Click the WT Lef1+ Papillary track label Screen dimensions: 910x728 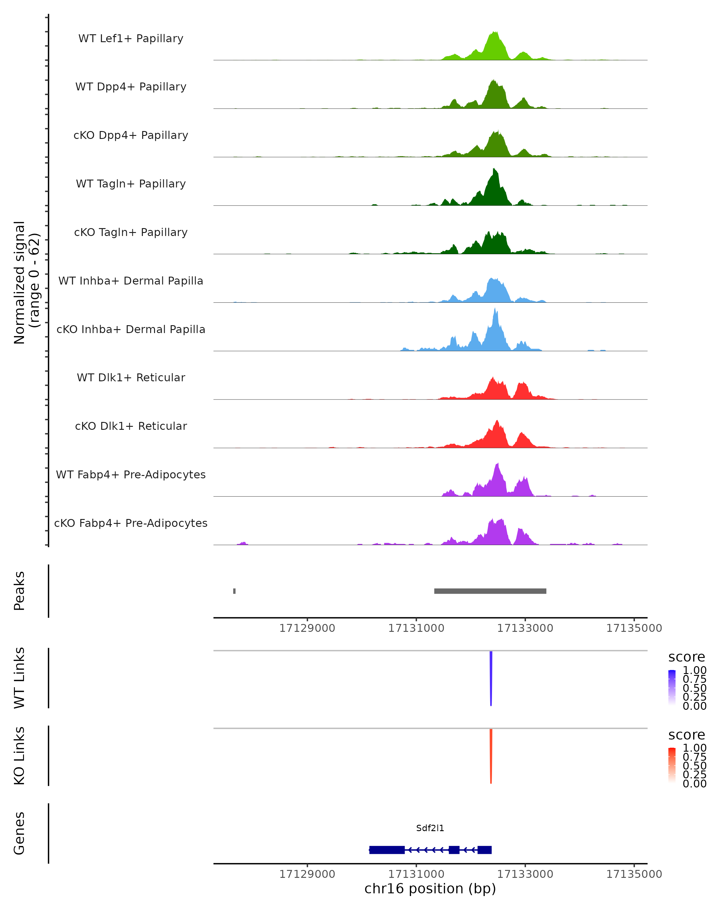coord(131,39)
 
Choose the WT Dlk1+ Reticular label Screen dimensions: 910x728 coord(131,377)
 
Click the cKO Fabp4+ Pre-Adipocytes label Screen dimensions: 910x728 coord(131,523)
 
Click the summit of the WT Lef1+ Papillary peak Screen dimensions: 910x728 coord(495,32)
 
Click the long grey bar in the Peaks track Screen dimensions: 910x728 coord(490,591)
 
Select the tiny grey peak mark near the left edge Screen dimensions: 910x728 coord(234,591)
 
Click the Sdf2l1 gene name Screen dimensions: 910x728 coord(430,828)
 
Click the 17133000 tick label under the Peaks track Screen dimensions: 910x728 coord(525,629)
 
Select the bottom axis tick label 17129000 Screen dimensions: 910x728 coord(307,874)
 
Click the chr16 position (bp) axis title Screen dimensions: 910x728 coord(430,888)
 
